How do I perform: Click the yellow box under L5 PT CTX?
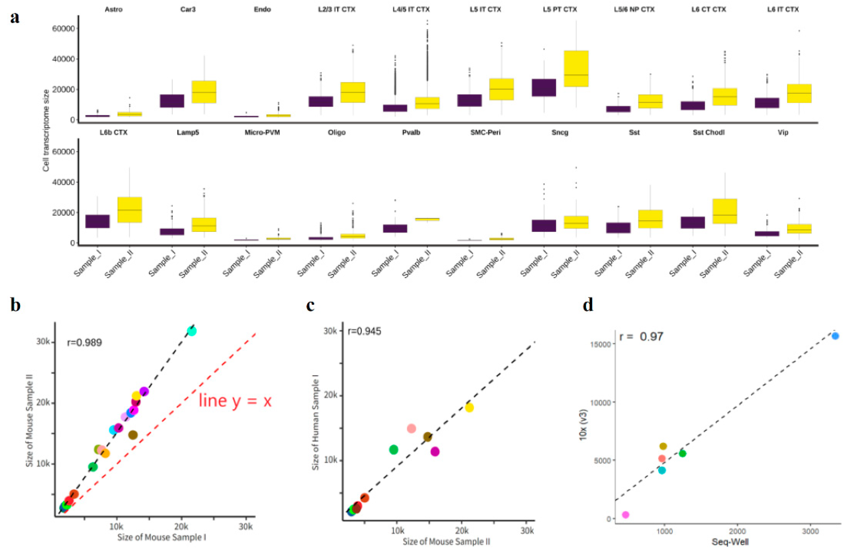(x=576, y=69)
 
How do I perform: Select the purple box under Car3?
(x=172, y=101)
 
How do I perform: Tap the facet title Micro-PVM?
(x=262, y=133)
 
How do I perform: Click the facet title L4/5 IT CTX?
(x=411, y=9)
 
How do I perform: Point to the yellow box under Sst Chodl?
(x=725, y=211)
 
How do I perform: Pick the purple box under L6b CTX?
(x=97, y=221)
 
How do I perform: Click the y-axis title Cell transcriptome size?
(x=46, y=130)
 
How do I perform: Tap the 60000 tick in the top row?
(x=63, y=28)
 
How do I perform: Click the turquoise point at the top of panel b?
(x=192, y=331)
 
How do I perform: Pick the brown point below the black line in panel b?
(x=133, y=435)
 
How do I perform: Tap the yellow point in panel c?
(x=469, y=407)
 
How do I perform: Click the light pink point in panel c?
(x=411, y=428)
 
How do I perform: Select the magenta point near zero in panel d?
(x=625, y=515)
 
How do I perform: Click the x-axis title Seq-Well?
(x=730, y=542)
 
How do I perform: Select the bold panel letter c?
(x=310, y=306)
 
